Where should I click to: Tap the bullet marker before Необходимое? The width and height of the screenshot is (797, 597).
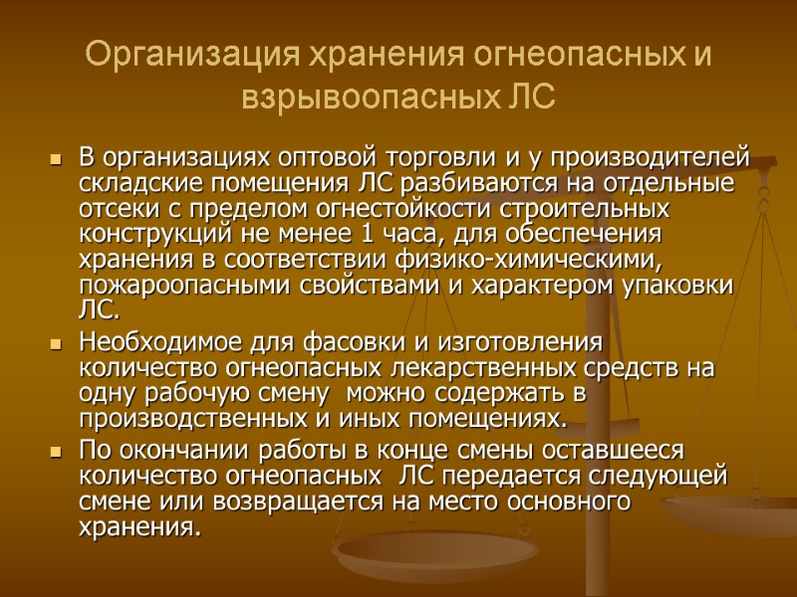(x=54, y=344)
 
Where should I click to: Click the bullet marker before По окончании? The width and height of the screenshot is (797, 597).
(x=54, y=451)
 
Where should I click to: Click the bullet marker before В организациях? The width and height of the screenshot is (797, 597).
(x=54, y=160)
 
